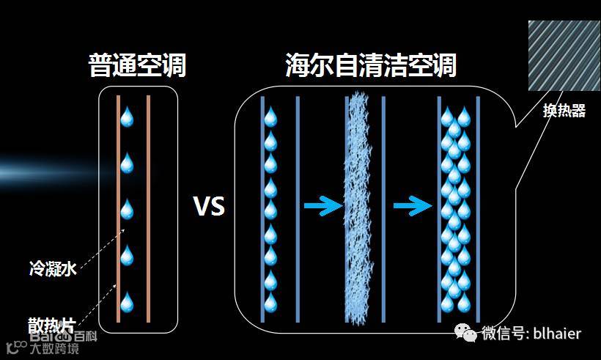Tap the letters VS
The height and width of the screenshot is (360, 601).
tap(209, 207)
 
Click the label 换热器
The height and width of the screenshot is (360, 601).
tap(564, 111)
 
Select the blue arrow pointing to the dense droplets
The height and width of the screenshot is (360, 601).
tap(413, 206)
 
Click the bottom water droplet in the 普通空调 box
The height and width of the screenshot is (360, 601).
tap(128, 301)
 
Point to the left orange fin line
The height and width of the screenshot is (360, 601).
tap(118, 208)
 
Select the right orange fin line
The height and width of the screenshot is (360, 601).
tap(148, 208)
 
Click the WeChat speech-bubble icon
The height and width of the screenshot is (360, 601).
tap(466, 334)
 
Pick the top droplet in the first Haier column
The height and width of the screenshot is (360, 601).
tap(270, 116)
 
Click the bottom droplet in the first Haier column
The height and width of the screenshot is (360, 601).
tap(270, 302)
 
